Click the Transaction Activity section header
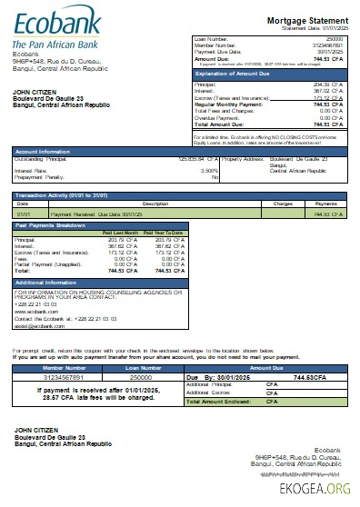(67, 194)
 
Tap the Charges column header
(283, 204)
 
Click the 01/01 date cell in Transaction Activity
(23, 214)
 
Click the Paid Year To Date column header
(165, 233)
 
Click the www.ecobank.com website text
(36, 311)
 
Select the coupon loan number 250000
(141, 375)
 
